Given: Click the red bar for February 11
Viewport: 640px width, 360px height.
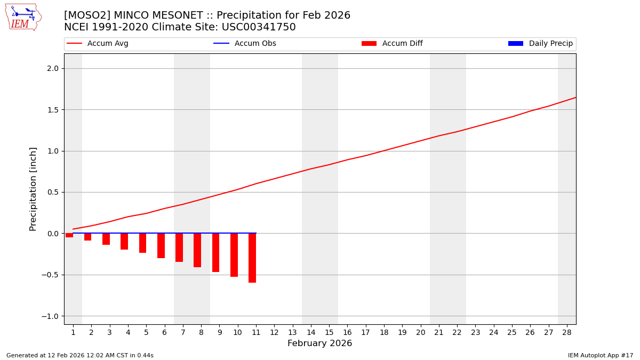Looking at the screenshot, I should tap(252, 258).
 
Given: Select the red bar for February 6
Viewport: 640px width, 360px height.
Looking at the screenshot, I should tap(161, 246).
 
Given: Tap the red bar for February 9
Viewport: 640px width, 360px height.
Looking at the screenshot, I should tap(215, 253).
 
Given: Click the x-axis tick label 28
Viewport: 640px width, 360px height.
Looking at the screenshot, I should tap(567, 333).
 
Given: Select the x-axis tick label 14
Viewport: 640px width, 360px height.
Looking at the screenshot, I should tap(311, 333).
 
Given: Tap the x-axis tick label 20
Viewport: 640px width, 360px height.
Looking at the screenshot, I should tap(420, 333).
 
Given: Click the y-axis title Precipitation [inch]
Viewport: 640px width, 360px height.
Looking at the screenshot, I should tap(33, 189).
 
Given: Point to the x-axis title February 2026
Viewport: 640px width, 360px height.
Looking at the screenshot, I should tap(319, 343).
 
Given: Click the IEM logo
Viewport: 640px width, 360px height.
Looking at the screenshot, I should tap(23, 17).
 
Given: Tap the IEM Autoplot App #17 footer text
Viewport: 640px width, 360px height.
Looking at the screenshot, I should tap(600, 355).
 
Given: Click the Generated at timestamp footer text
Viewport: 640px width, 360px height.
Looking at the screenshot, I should tap(80, 355).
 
